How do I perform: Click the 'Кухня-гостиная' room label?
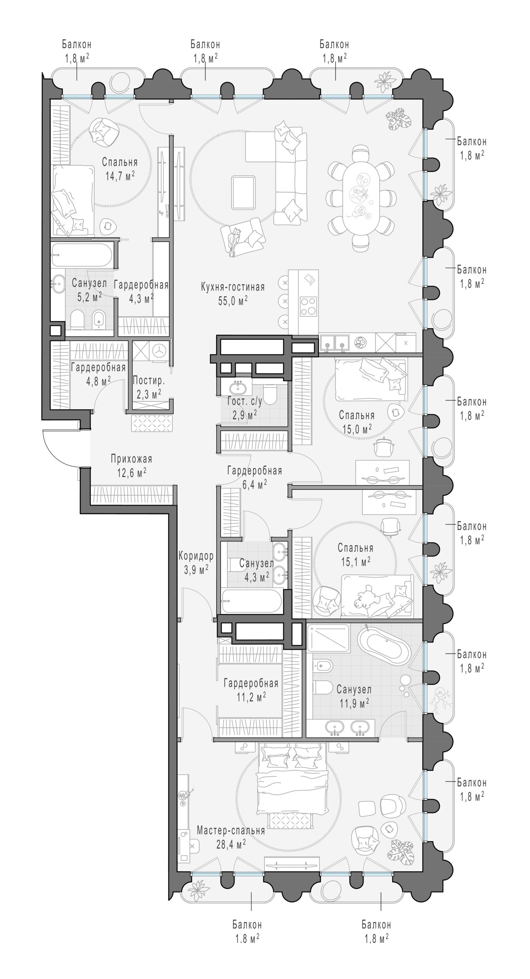point(233,287)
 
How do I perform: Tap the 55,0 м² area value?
point(233,301)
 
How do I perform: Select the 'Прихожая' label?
point(131,459)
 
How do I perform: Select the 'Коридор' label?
point(196,556)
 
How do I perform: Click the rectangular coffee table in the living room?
point(243,192)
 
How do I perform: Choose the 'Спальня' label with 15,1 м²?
point(355,548)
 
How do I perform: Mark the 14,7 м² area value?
point(120,175)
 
